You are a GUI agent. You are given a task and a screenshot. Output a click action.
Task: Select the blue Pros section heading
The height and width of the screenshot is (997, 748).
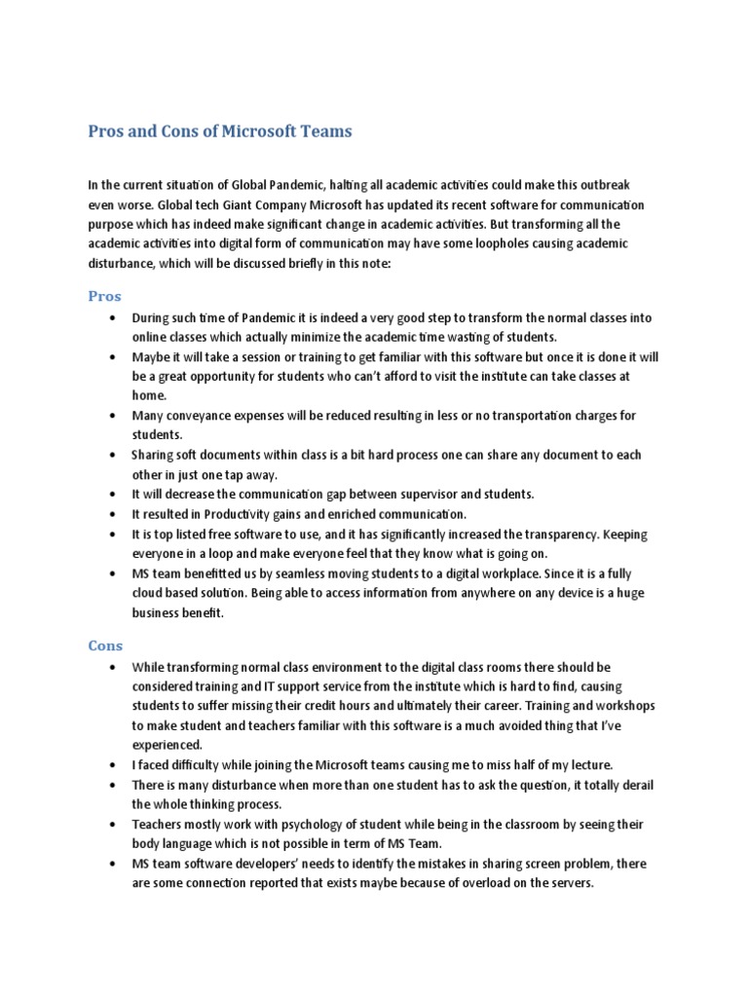click(104, 296)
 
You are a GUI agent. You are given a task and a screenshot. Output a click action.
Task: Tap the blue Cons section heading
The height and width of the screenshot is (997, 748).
click(105, 645)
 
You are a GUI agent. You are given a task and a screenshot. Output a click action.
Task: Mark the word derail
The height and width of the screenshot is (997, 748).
click(634, 785)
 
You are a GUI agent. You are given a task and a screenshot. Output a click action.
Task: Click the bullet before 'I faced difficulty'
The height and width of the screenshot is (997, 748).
click(114, 765)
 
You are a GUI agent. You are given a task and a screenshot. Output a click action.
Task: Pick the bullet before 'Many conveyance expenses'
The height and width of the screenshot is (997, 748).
click(114, 416)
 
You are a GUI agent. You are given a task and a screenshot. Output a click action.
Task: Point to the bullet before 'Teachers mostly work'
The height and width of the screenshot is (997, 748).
click(114, 825)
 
